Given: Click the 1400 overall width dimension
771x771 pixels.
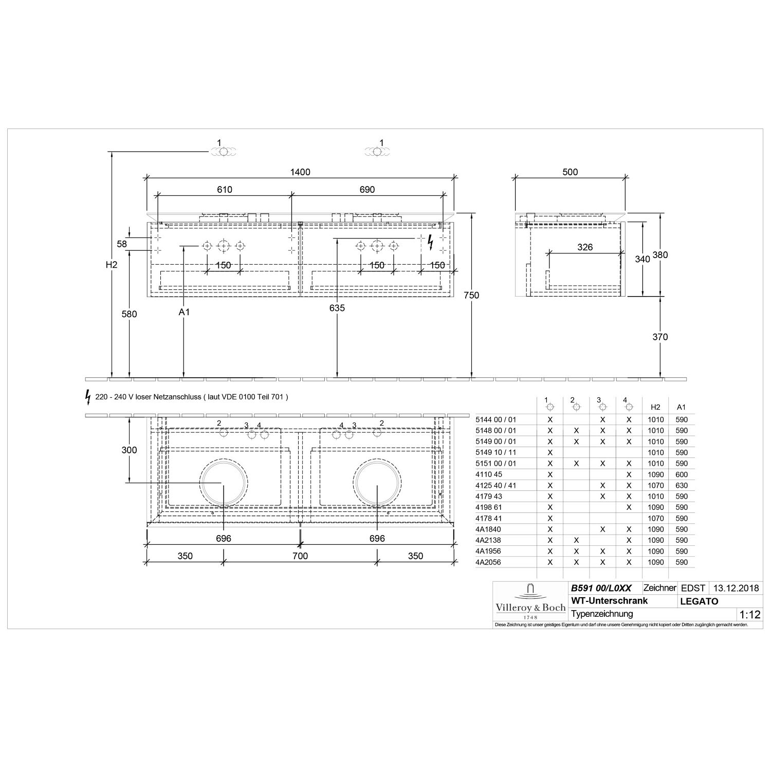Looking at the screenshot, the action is point(300,172).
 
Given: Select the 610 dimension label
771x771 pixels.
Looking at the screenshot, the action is point(225,190).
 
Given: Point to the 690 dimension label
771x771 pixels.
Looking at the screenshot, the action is point(367,190).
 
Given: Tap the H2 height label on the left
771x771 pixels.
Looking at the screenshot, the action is point(112,265).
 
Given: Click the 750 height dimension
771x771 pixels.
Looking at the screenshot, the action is point(471,295).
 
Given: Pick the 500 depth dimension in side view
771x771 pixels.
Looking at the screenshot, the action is point(570,172).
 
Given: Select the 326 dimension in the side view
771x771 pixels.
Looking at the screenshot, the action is point(585,247).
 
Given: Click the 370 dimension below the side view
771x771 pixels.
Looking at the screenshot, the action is point(660,337).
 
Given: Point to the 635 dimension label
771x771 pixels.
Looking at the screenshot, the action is point(337,308).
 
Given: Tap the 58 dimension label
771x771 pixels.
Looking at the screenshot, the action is point(122,244).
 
